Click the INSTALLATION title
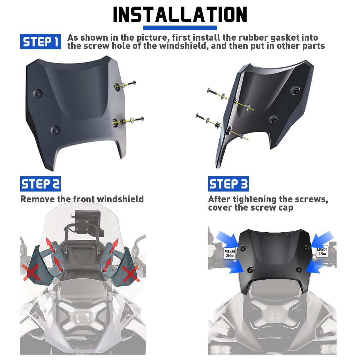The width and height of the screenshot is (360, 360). click(180, 14)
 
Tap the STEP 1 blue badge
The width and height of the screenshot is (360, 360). click(41, 41)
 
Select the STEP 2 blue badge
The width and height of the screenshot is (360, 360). click(41, 184)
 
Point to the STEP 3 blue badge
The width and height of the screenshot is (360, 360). click(229, 184)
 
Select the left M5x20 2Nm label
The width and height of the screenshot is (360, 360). click(230, 253)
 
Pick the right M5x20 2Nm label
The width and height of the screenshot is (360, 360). click(322, 252)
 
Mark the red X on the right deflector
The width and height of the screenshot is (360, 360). click(130, 274)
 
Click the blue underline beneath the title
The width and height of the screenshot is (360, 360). click(180, 28)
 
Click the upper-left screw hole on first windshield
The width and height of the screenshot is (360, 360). click(37, 94)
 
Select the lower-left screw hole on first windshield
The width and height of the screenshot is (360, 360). click(55, 130)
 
